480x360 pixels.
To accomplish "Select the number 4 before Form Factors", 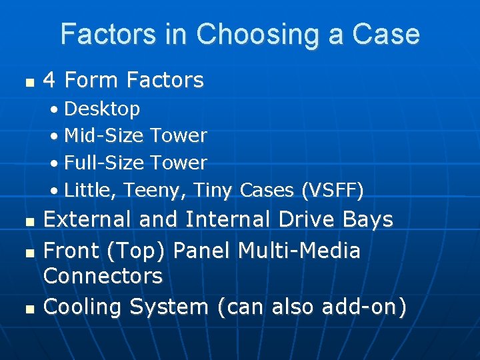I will click(49, 81).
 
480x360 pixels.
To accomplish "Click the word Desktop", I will click(102, 109).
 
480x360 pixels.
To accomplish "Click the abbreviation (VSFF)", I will click(333, 191).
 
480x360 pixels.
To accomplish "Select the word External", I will click(87, 219).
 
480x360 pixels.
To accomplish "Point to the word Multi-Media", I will click(299, 251).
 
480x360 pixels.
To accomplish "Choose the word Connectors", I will click(103, 275).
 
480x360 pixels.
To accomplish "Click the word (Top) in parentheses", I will click(140, 251).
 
